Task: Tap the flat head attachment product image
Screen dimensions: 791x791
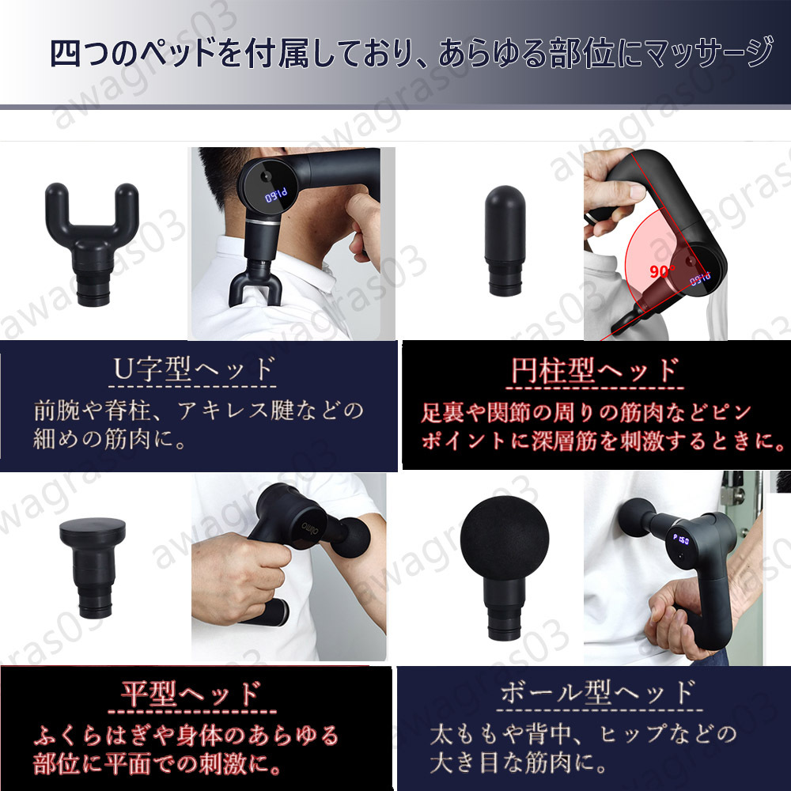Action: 96,566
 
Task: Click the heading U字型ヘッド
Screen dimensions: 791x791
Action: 193,370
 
